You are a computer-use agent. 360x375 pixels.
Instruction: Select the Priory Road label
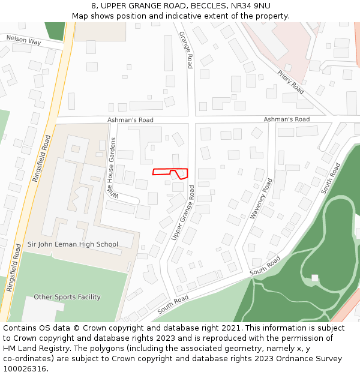coord(291,82)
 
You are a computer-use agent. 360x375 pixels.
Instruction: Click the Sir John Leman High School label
coord(73,244)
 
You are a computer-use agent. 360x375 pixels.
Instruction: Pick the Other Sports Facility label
coord(67,297)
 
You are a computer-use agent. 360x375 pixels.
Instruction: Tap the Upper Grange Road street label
coord(183,214)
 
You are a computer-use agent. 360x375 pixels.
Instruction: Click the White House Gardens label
coord(112,168)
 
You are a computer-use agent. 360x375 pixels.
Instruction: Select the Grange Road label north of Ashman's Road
coord(187,50)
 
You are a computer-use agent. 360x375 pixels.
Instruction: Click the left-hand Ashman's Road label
coord(130,120)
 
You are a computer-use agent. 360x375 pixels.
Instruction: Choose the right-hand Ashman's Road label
coord(287,119)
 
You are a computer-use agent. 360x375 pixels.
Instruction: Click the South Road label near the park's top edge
coord(330,178)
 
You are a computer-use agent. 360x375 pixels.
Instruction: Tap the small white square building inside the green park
coord(314,278)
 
